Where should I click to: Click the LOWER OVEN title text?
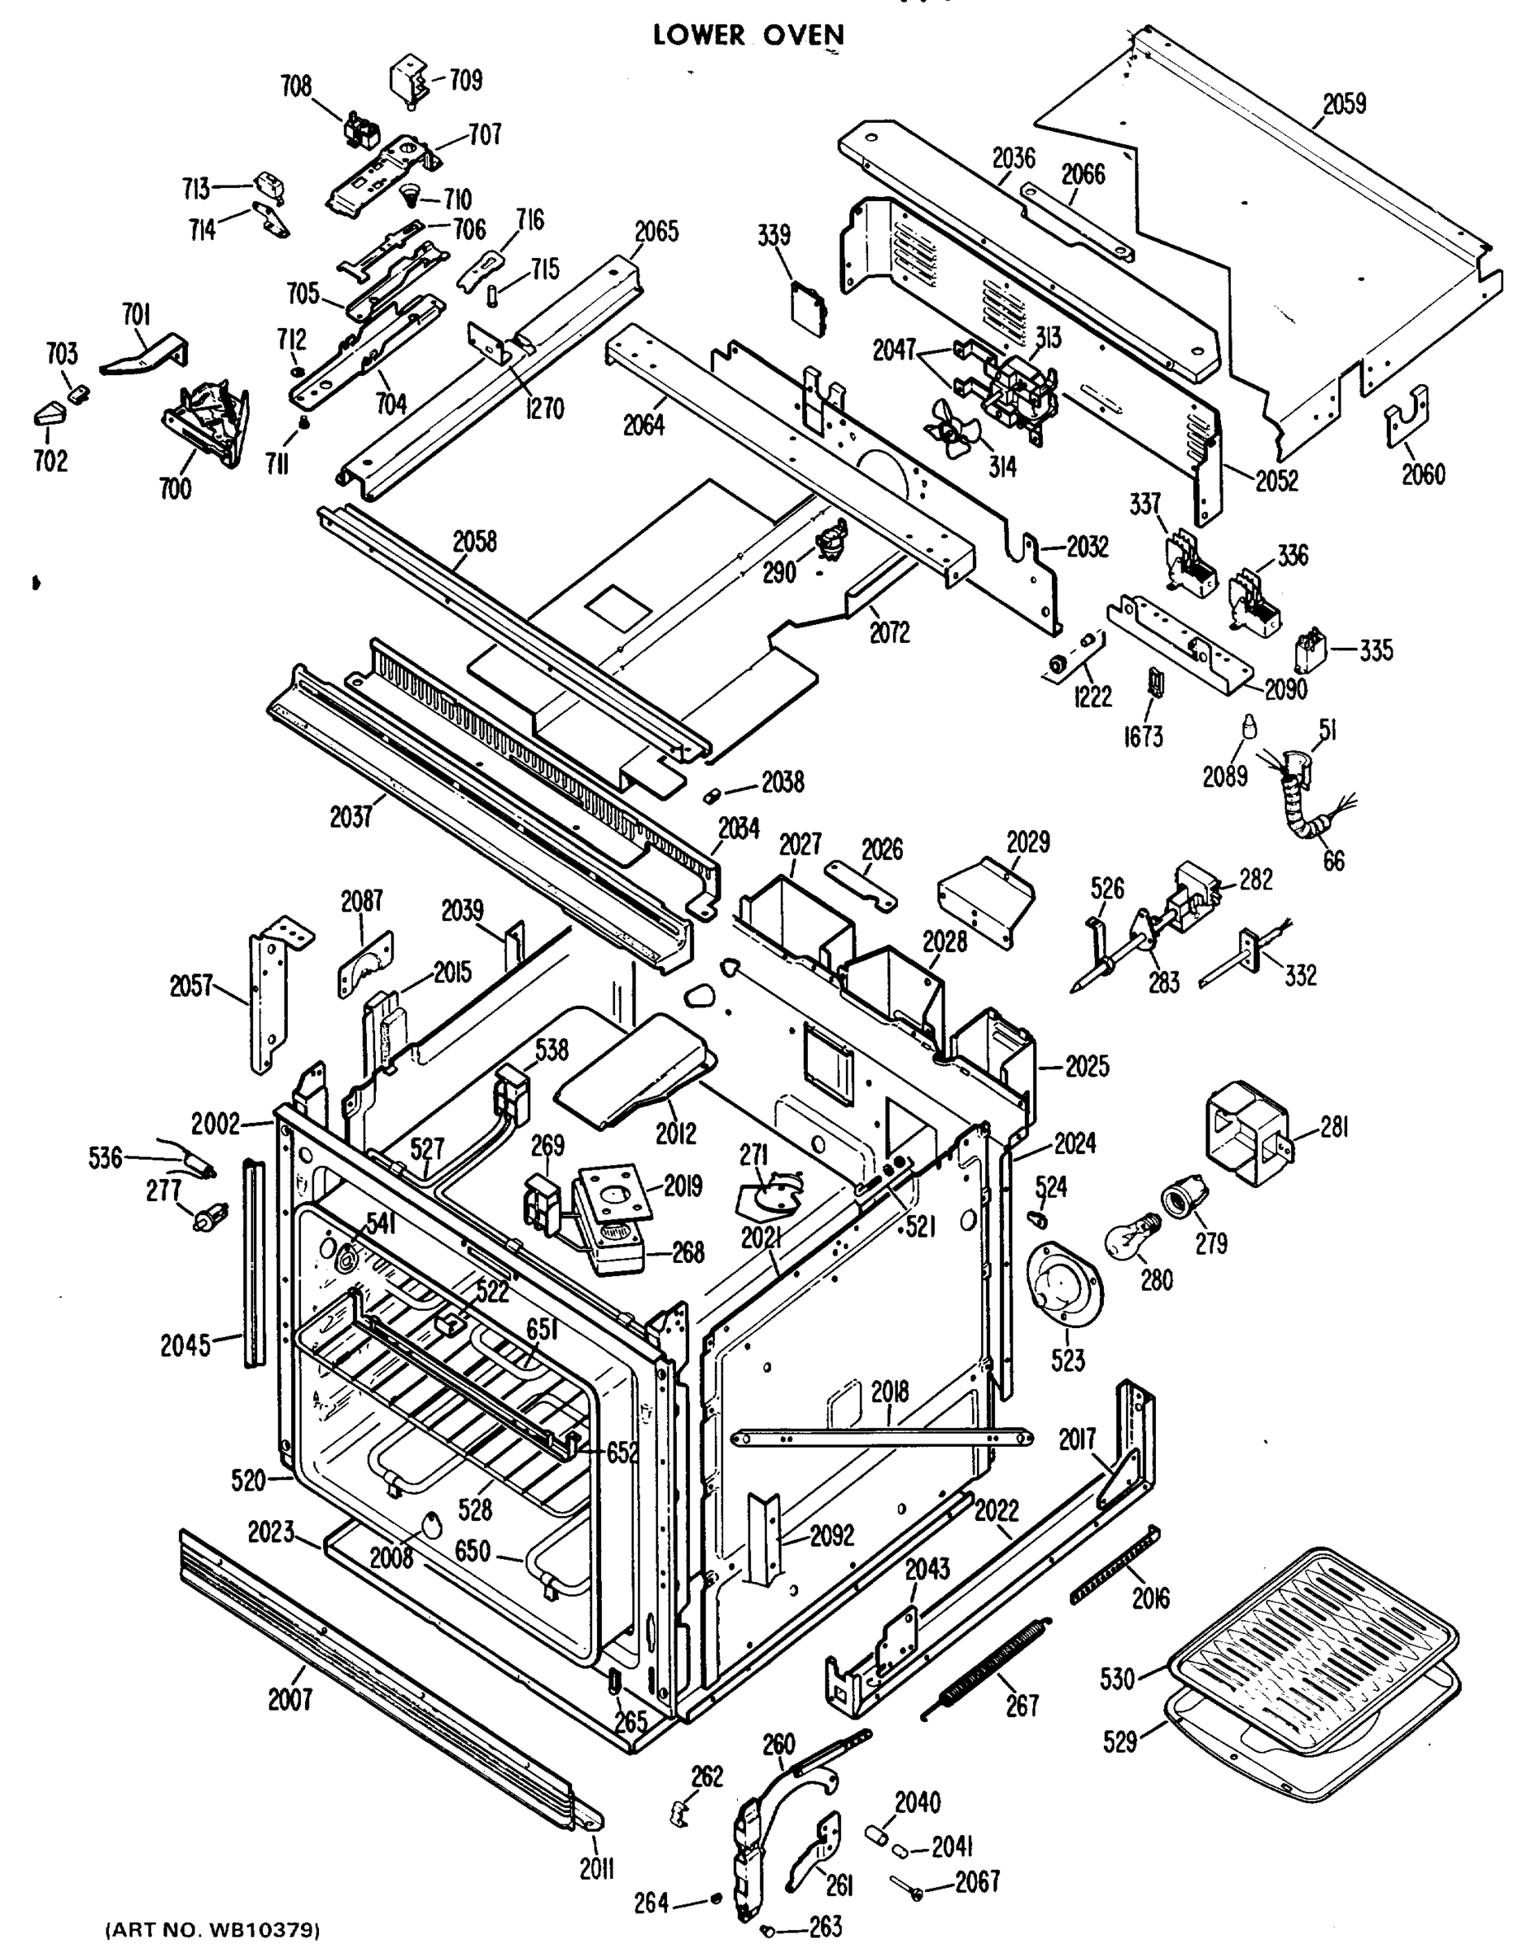pos(748,35)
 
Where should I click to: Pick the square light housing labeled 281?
pos(1247,1129)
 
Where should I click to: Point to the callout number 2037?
pos(351,817)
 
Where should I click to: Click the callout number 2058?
pos(474,543)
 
